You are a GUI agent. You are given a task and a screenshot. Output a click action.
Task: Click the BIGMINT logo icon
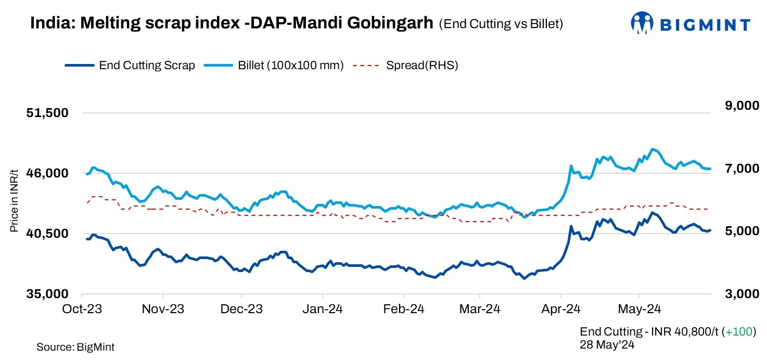[642, 24]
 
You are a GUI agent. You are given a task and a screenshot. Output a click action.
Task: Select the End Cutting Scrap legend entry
[130, 66]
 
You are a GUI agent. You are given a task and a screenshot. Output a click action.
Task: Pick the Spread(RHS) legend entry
[406, 66]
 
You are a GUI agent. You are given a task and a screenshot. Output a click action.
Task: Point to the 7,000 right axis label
[738, 169]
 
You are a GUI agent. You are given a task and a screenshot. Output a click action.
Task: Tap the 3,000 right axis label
[738, 294]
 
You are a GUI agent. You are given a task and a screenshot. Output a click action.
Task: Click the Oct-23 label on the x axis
[83, 309]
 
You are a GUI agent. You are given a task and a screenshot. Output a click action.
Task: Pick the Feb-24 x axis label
[403, 309]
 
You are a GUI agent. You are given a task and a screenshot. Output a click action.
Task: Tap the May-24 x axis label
[639, 309]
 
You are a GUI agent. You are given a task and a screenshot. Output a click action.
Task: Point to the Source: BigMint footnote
[75, 347]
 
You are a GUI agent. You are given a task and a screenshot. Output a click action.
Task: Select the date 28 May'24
[606, 344]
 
